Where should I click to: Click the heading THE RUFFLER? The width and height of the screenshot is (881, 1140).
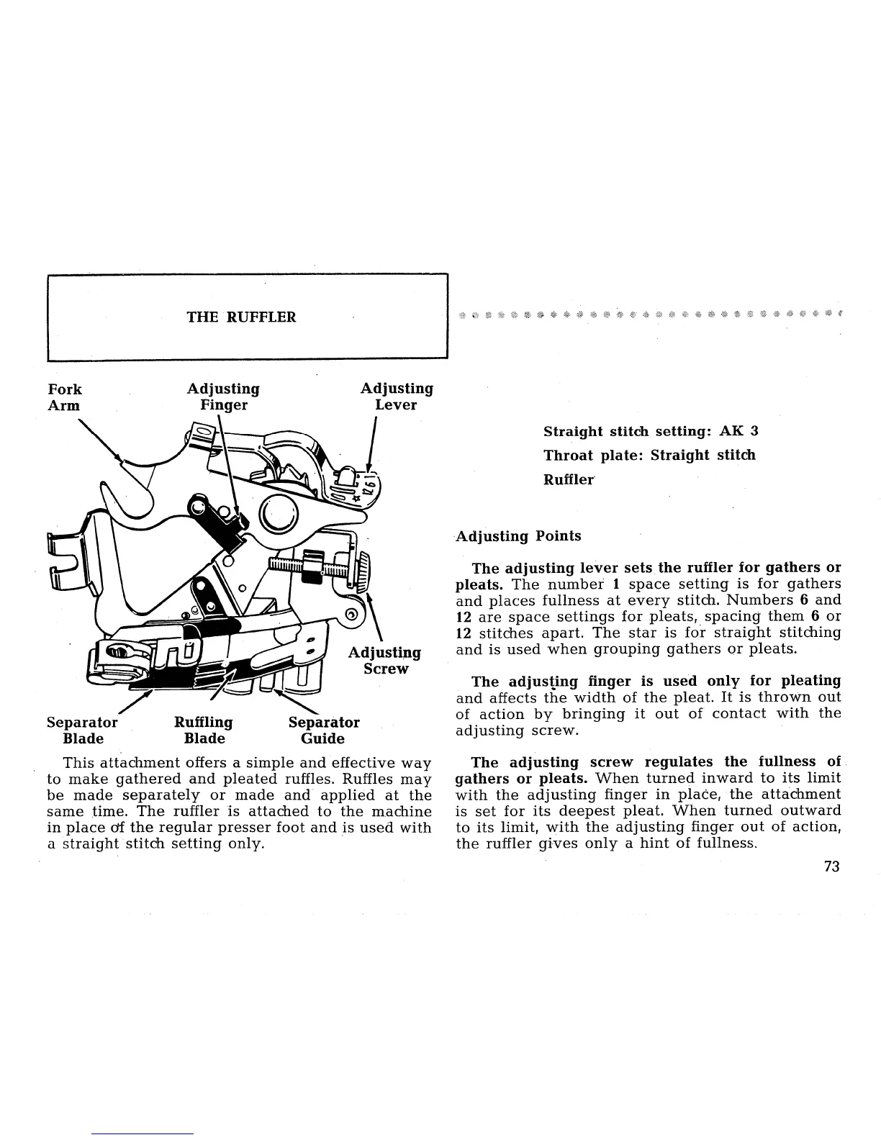point(241,317)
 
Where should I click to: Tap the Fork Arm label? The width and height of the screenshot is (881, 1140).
point(65,397)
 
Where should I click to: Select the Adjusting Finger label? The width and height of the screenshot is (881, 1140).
point(223,397)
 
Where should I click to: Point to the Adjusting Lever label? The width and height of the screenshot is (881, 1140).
point(397,397)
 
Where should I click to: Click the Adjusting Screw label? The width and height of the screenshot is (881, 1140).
point(384,661)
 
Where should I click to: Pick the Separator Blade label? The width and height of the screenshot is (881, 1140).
point(81,730)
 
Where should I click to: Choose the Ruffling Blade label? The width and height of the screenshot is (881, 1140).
point(204,730)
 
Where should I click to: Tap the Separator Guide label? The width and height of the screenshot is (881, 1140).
point(323,730)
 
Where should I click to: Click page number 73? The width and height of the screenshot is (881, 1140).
point(831,867)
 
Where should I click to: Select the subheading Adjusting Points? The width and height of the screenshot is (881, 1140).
point(518,536)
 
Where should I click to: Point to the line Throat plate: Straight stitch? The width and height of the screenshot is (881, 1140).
point(649,455)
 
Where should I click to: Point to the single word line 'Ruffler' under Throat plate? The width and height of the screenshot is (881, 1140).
point(569,479)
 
